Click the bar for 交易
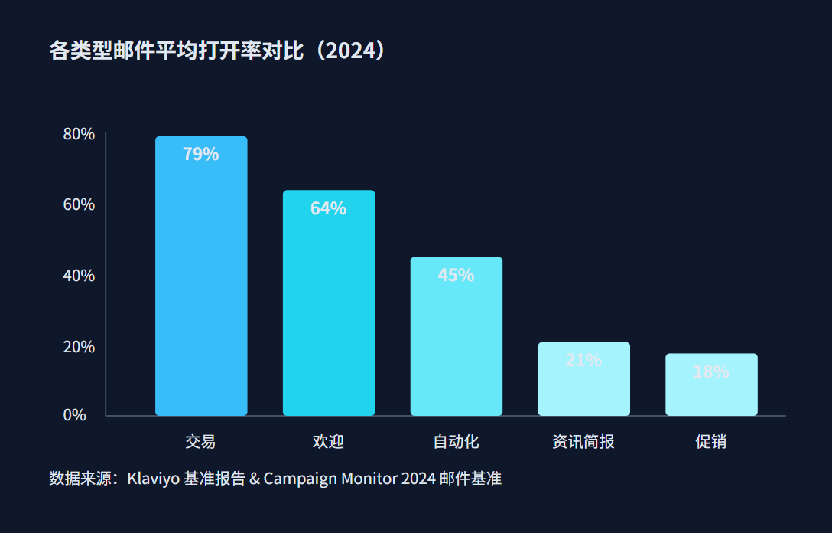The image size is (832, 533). [201, 291]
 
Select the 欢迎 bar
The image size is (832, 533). [329, 314]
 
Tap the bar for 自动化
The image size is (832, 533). [457, 345]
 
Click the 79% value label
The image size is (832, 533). [201, 154]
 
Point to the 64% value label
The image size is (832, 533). [329, 208]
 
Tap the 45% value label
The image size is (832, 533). [457, 275]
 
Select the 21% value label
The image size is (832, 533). [583, 359]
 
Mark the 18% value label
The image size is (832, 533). [711, 371]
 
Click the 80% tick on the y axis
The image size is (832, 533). [79, 134]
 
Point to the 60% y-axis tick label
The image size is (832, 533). [79, 204]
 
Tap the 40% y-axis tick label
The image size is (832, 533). [79, 275]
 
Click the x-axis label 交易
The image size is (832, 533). [200, 442]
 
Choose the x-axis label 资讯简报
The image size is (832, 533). [583, 442]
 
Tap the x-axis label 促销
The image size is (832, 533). [711, 442]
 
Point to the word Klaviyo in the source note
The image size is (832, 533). [154, 479]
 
